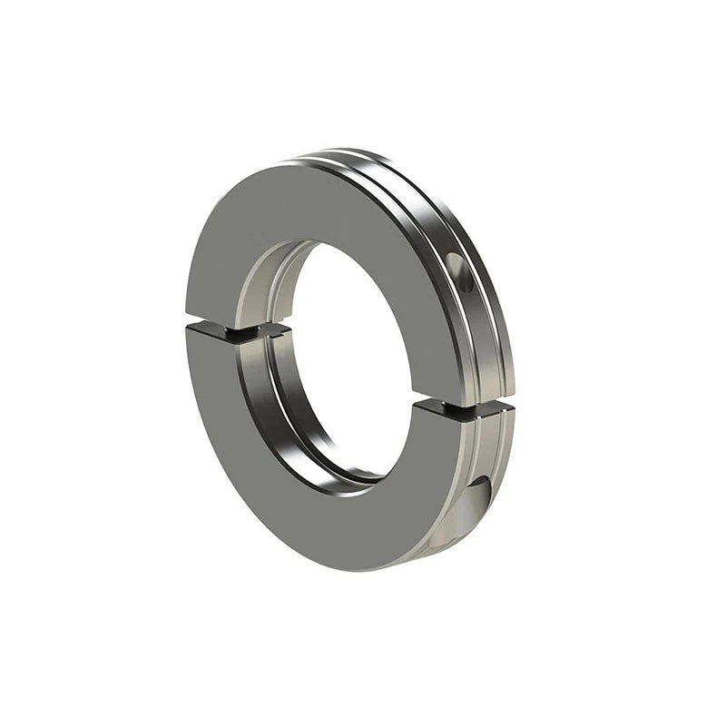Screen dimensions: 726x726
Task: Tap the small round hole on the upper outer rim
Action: pos(460,272)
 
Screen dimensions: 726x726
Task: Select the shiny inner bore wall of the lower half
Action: pos(299,427)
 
